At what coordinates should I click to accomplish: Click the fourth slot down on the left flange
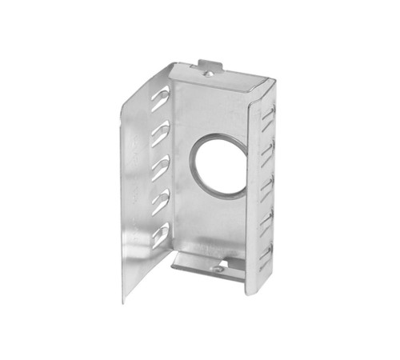160,201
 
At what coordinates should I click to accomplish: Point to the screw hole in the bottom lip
218,268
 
